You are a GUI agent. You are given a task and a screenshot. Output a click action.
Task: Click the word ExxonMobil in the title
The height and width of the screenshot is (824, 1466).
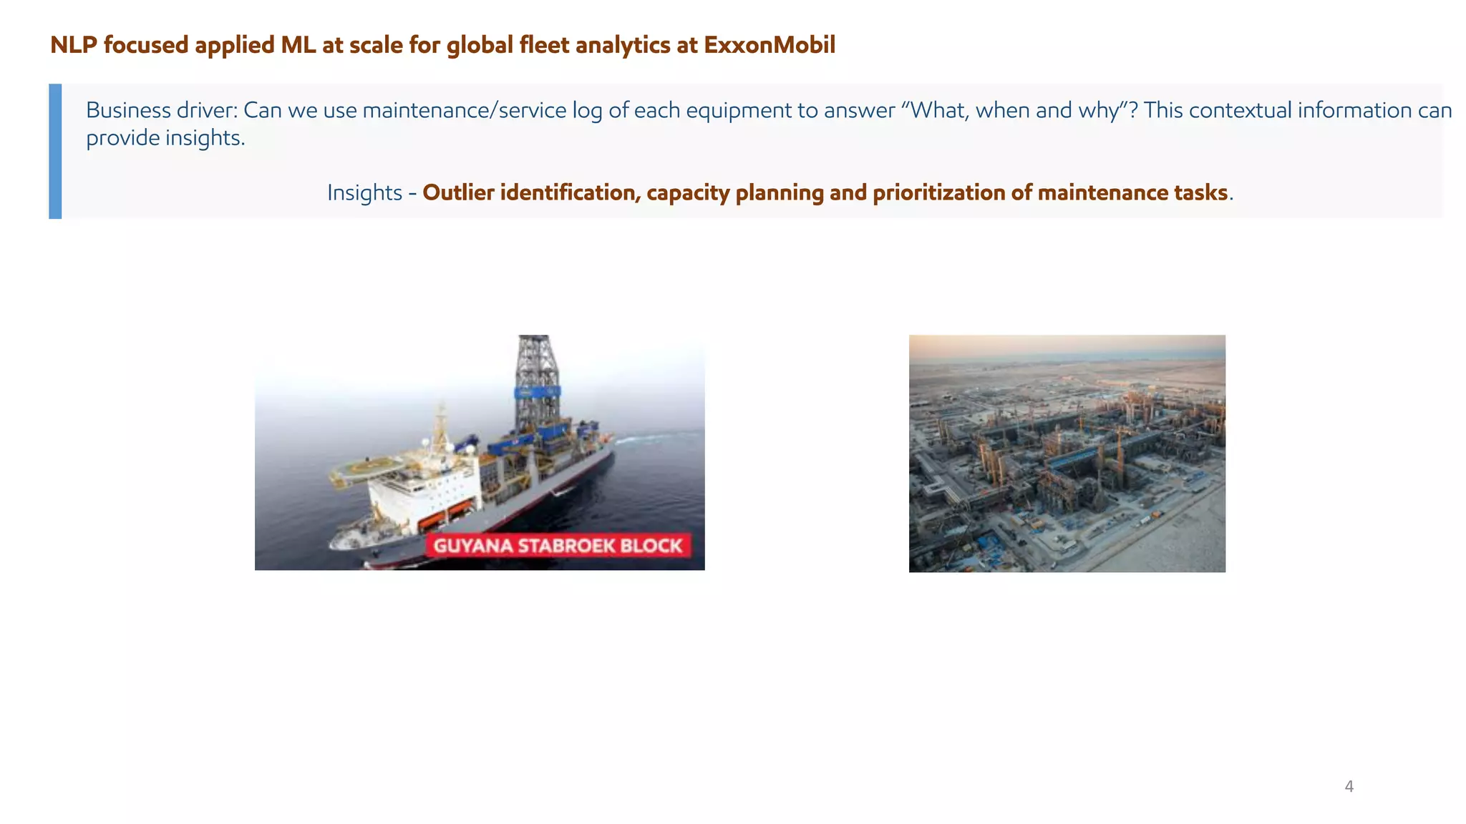tap(770, 45)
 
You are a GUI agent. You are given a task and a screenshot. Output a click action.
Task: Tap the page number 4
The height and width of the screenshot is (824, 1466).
tap(1349, 787)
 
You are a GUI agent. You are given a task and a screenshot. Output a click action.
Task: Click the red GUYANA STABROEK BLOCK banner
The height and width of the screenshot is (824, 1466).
tap(558, 546)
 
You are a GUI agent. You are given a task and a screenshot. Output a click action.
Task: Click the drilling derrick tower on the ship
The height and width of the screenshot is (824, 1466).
tap(537, 379)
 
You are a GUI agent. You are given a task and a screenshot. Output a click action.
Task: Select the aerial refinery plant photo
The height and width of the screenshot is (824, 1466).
tap(1067, 453)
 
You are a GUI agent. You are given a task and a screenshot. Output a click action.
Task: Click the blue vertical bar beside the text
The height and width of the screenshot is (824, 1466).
tap(55, 151)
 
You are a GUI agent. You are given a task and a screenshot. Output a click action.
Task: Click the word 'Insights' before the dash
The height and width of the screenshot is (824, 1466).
tap(364, 193)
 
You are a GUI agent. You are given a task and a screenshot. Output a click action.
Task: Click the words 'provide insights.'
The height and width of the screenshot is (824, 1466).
tap(165, 138)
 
